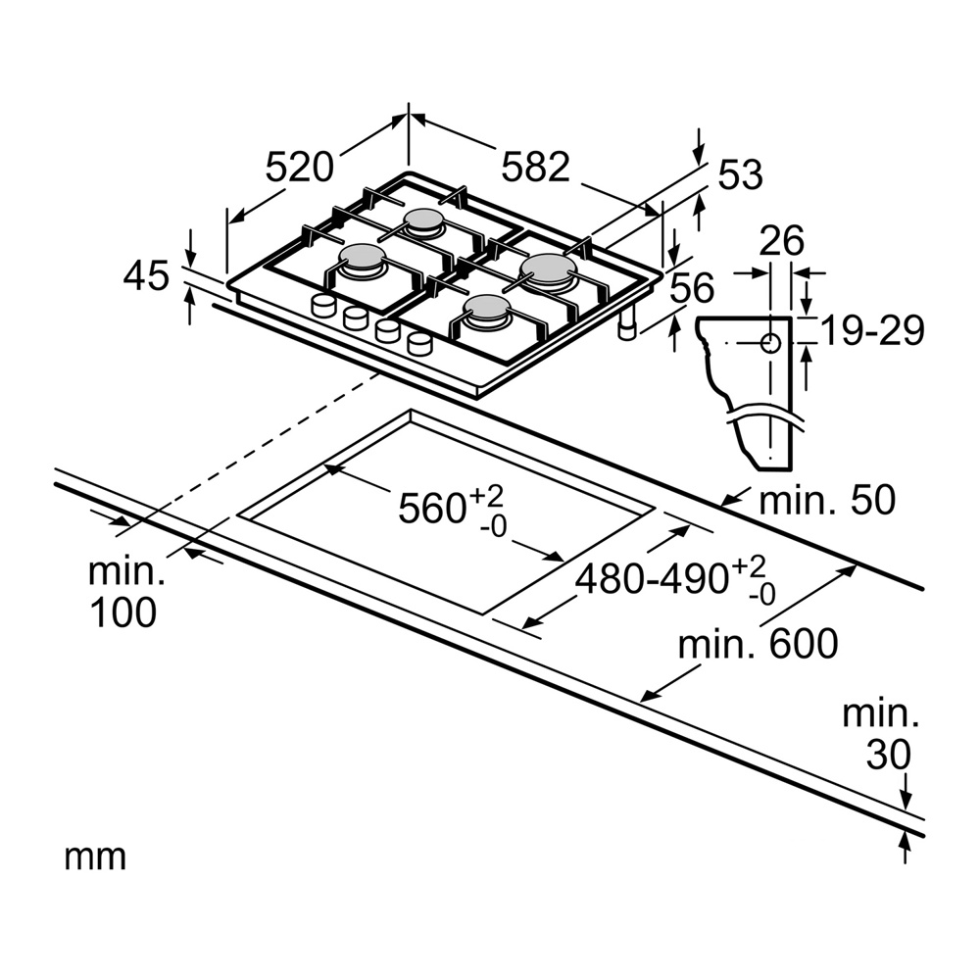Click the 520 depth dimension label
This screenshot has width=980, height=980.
[300, 168]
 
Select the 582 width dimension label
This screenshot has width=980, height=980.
[535, 167]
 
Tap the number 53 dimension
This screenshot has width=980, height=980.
[740, 175]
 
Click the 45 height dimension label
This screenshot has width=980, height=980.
[147, 277]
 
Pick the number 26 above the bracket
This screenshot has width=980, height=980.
[780, 240]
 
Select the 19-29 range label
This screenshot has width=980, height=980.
[872, 332]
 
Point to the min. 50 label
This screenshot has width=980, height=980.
[828, 501]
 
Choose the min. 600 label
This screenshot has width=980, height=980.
[759, 644]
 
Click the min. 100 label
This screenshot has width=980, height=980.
[122, 591]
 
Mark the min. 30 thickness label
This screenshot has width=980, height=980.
[881, 734]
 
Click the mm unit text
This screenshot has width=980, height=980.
[95, 857]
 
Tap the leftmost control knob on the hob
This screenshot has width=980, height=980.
[322, 306]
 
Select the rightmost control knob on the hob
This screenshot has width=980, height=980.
[419, 343]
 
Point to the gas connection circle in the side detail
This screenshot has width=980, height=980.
[770, 343]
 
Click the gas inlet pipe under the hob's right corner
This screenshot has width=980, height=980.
[627, 328]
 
